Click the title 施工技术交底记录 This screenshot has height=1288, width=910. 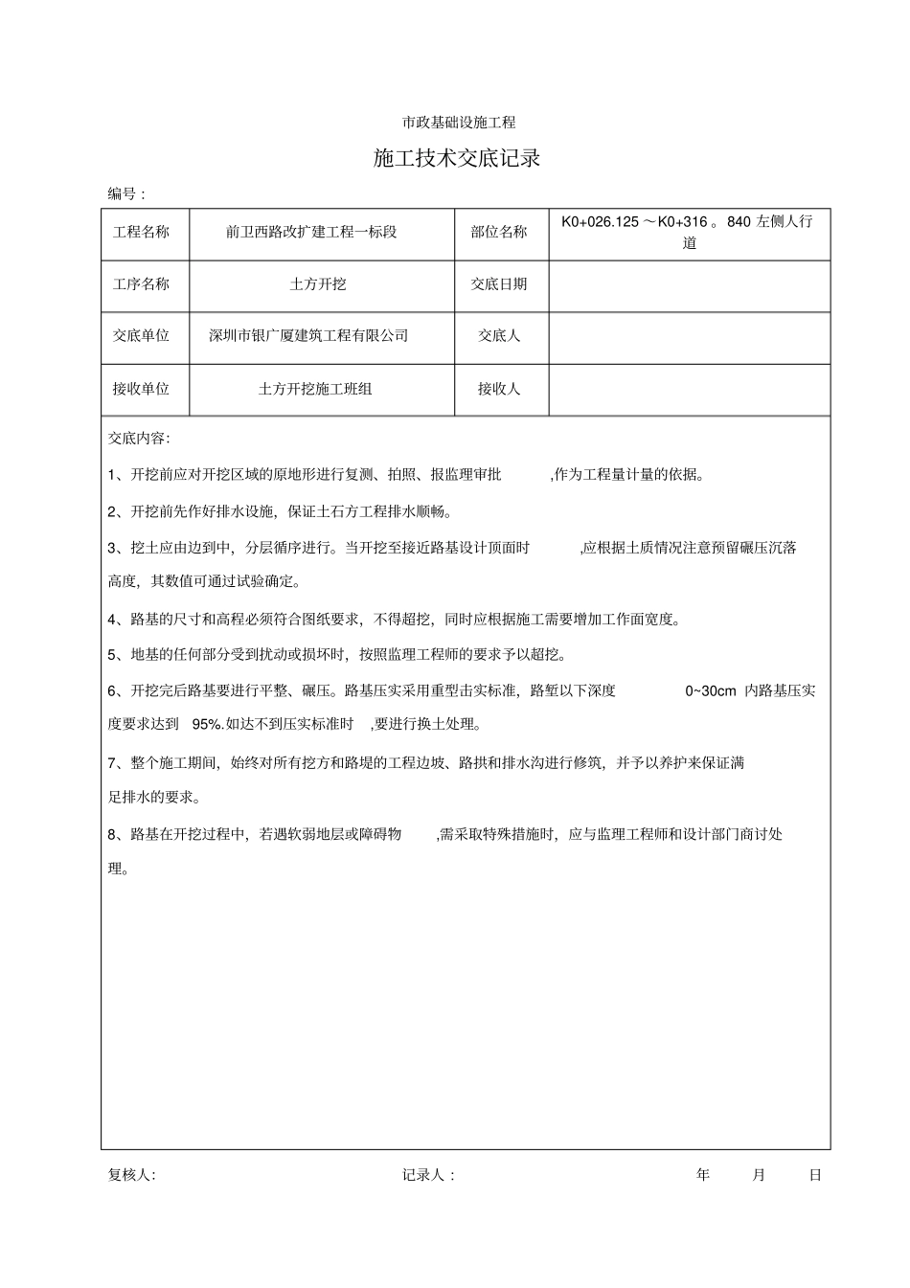457,159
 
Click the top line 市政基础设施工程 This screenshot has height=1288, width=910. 459,123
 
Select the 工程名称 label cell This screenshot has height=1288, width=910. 141,233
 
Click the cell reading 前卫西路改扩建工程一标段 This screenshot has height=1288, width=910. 311,233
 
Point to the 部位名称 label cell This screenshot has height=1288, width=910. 499,233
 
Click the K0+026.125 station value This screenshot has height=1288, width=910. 600,222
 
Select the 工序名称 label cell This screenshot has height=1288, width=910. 141,284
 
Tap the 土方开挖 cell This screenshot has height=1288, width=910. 318,284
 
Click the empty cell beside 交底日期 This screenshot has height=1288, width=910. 689,284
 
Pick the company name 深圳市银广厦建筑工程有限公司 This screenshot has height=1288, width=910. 308,336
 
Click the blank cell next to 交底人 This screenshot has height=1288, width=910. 689,336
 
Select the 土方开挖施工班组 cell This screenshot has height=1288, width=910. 315,389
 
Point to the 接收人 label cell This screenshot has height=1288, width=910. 499,389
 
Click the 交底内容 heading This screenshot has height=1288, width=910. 139,439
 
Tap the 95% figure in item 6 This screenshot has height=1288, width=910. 207,724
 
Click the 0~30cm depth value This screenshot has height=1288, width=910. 711,691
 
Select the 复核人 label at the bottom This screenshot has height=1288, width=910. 131,1175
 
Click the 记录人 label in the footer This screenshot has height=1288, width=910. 426,1175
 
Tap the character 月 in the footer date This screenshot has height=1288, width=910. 759,1175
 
